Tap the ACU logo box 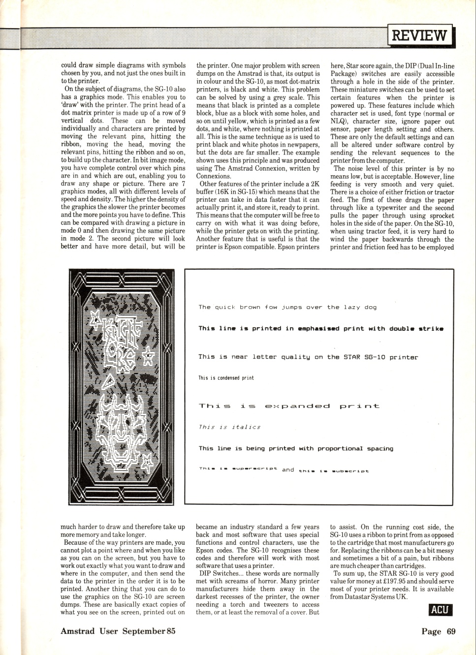click(440, 610)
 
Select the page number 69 click(450, 631)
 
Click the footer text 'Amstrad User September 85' click(118, 631)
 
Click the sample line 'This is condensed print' click(226, 378)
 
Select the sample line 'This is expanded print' click(289, 406)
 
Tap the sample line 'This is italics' click(229, 427)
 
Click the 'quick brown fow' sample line click(287, 308)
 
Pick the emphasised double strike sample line click(321, 329)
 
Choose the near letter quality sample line click(308, 357)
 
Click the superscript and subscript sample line click(284, 470)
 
